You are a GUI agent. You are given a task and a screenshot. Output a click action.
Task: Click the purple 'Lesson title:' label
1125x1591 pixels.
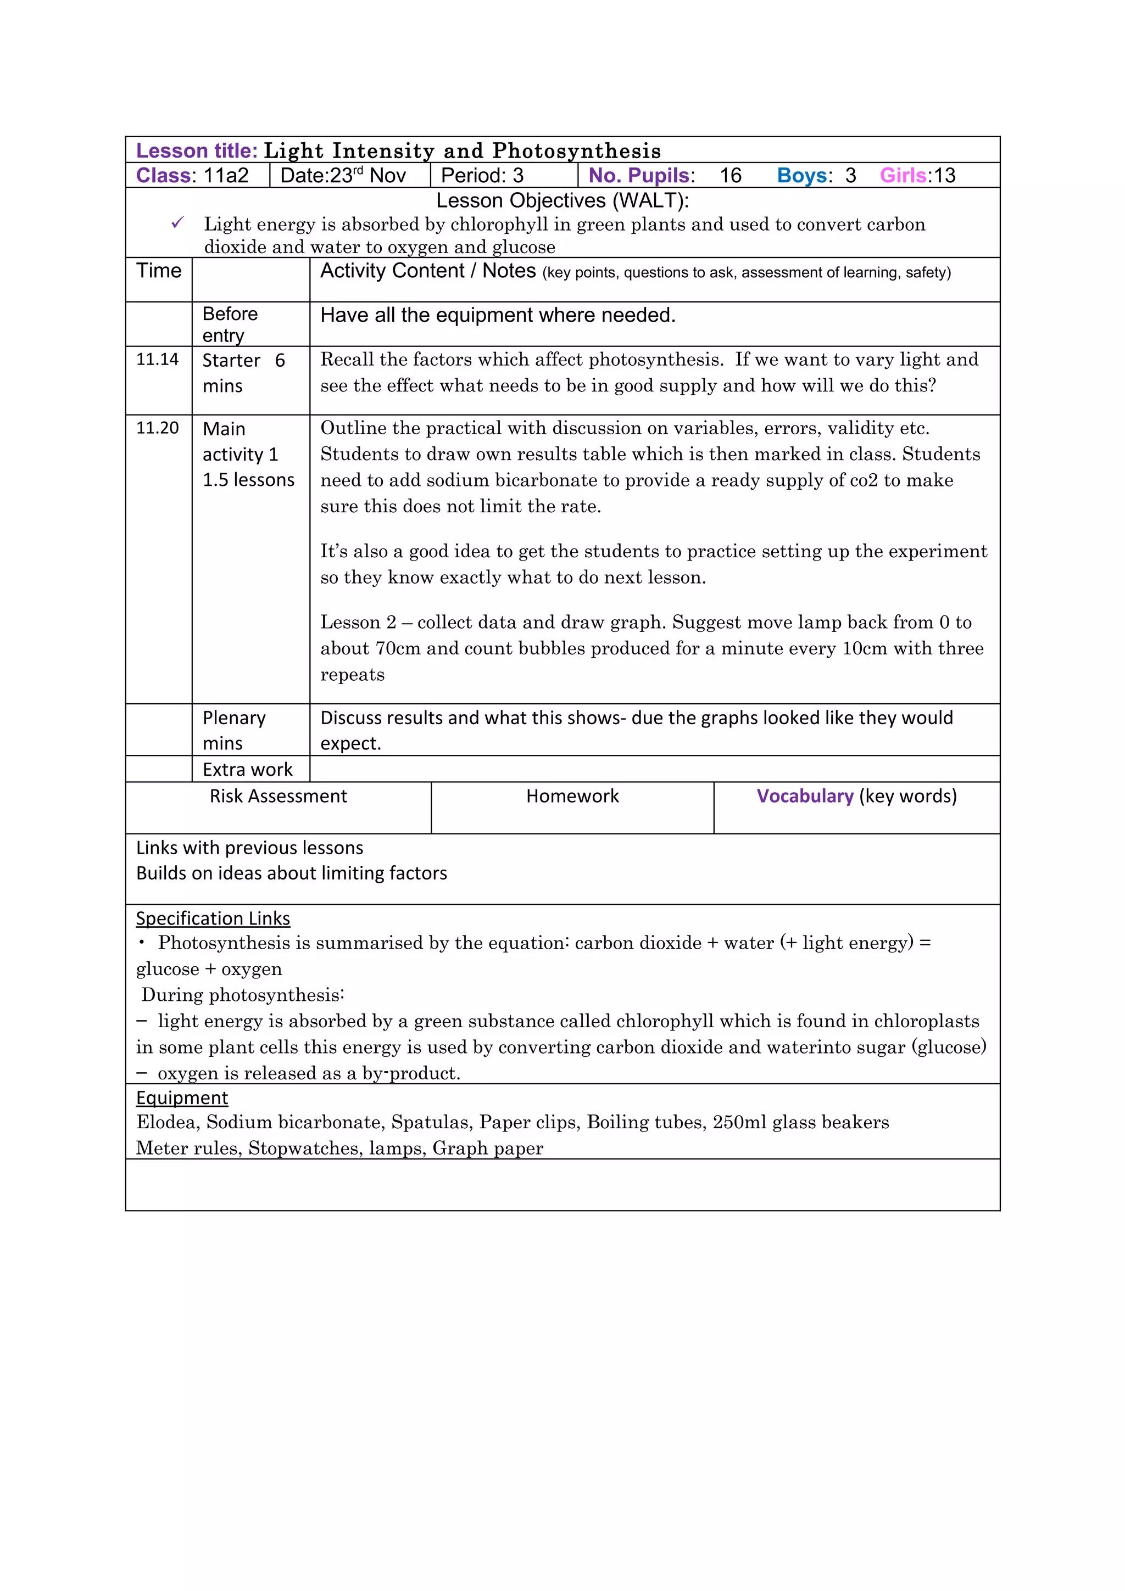196,150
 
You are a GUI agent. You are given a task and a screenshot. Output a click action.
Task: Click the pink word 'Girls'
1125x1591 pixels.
903,175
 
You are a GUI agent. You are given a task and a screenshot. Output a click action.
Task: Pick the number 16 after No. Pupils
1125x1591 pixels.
730,175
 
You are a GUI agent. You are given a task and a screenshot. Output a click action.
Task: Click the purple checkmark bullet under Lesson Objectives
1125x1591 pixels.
177,223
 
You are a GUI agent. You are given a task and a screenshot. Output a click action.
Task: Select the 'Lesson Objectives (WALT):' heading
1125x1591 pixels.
562,200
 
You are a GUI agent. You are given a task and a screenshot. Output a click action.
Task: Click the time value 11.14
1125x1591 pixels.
157,359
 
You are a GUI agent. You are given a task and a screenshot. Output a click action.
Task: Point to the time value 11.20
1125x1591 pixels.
157,428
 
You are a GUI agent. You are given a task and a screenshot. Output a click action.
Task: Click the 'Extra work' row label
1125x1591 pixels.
247,769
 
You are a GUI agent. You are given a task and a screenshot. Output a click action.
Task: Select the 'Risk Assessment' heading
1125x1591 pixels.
278,796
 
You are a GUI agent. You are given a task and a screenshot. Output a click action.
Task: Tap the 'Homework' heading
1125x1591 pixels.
572,796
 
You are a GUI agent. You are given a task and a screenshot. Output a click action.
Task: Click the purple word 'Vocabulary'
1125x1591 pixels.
804,796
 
